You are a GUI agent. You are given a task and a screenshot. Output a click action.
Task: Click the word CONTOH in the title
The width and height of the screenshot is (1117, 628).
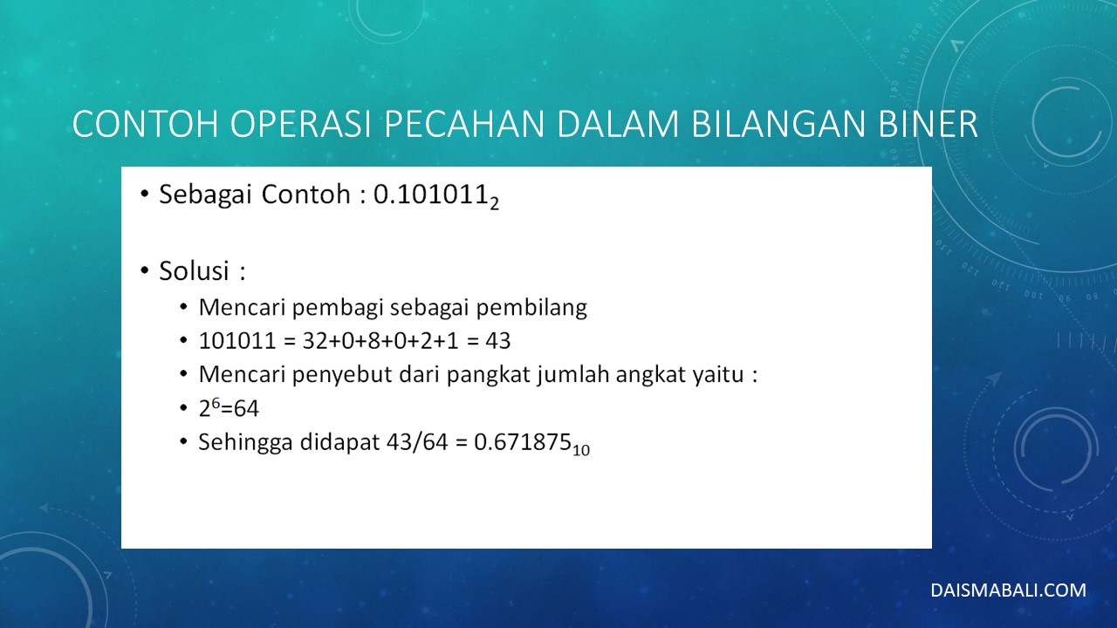[146, 124]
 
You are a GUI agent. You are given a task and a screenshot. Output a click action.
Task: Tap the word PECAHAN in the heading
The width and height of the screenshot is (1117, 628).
[464, 124]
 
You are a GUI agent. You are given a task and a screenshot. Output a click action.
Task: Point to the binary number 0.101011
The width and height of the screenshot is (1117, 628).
[430, 194]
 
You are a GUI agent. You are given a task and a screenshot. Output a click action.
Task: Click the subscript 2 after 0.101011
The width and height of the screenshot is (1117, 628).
[494, 203]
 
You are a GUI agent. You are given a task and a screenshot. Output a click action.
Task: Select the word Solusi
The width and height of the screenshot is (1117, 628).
[194, 270]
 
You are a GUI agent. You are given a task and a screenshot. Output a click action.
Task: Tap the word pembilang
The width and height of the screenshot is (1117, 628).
[531, 308]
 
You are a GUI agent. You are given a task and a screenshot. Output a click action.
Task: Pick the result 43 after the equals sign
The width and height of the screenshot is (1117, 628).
[497, 341]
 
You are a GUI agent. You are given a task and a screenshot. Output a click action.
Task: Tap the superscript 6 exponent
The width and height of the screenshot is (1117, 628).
[216, 403]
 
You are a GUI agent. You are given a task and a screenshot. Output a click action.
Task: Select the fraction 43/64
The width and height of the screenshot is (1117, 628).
[417, 441]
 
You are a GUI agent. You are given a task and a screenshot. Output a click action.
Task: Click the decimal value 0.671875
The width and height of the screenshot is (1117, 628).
[522, 441]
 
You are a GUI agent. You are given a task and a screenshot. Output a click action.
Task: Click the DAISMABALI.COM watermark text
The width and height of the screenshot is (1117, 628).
[1008, 590]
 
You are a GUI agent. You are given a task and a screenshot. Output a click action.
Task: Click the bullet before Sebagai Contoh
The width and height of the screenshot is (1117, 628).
[145, 194]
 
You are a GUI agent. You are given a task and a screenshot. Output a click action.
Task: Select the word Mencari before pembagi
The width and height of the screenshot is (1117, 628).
[242, 307]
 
